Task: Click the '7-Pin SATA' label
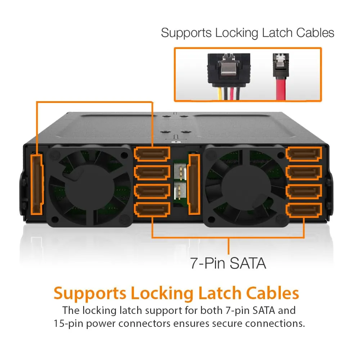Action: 228,264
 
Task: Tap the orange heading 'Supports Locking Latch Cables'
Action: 176,293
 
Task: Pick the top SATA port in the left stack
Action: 152,154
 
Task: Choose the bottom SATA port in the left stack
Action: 152,210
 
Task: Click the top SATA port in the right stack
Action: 304,154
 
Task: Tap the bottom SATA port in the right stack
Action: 304,210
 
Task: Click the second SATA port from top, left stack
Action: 152,172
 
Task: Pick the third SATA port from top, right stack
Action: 304,191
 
